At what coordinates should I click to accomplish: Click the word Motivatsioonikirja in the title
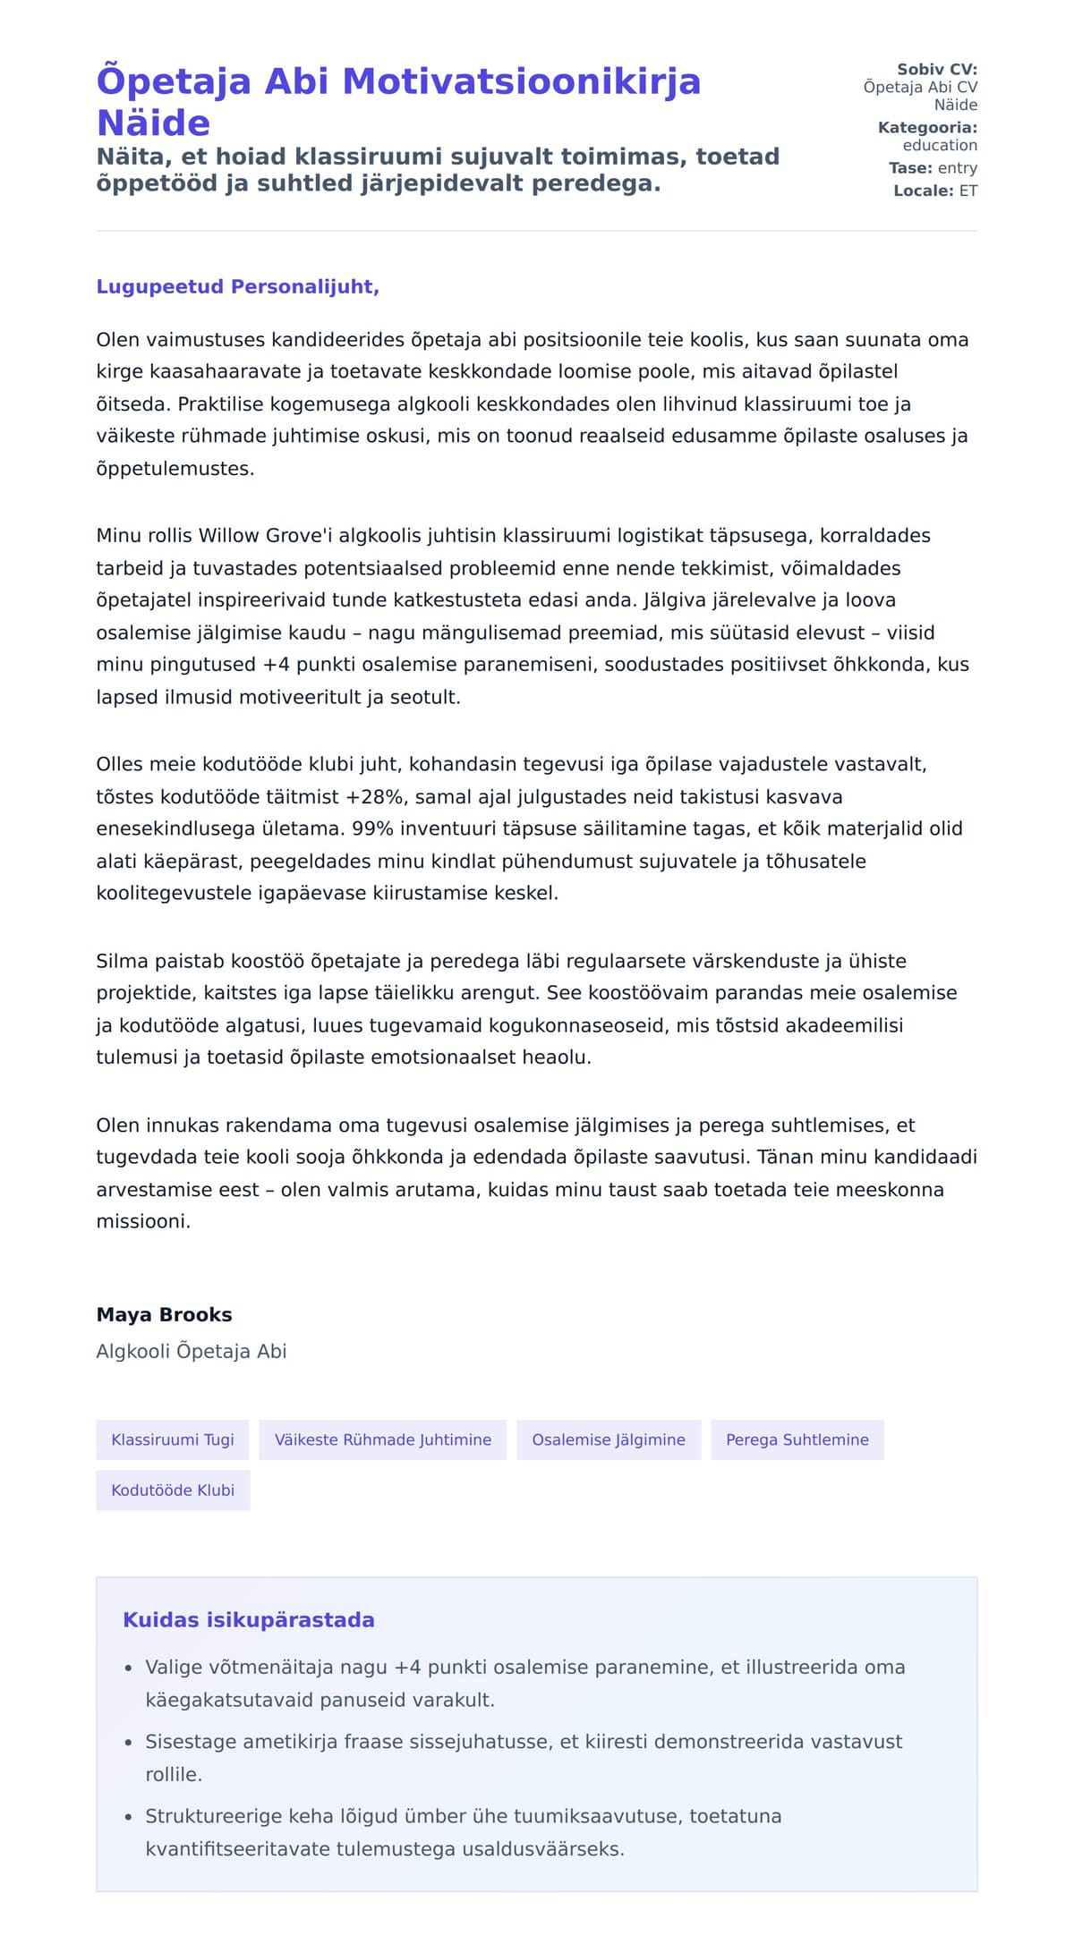[x=522, y=81]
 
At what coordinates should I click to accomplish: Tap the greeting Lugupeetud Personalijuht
[x=237, y=286]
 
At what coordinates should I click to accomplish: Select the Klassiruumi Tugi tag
[x=173, y=1439]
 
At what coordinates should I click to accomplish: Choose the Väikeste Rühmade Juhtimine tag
[x=382, y=1439]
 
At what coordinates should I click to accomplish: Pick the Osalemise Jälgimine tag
[x=609, y=1439]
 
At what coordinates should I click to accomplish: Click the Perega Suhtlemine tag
[x=797, y=1439]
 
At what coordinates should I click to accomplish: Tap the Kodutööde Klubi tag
[x=173, y=1490]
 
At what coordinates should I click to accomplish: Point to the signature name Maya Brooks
[x=164, y=1314]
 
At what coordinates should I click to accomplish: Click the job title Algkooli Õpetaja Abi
[x=192, y=1351]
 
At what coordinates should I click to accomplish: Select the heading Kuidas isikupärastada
[x=248, y=1619]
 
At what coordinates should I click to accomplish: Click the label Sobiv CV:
[x=937, y=69]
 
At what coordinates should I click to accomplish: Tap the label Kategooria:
[x=927, y=127]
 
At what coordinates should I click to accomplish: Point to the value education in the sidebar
[x=940, y=145]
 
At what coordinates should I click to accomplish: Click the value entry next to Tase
[x=958, y=167]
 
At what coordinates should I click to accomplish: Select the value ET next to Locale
[x=968, y=191]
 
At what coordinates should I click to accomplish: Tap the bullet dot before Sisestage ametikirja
[x=128, y=1742]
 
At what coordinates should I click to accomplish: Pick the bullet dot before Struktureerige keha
[x=128, y=1816]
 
